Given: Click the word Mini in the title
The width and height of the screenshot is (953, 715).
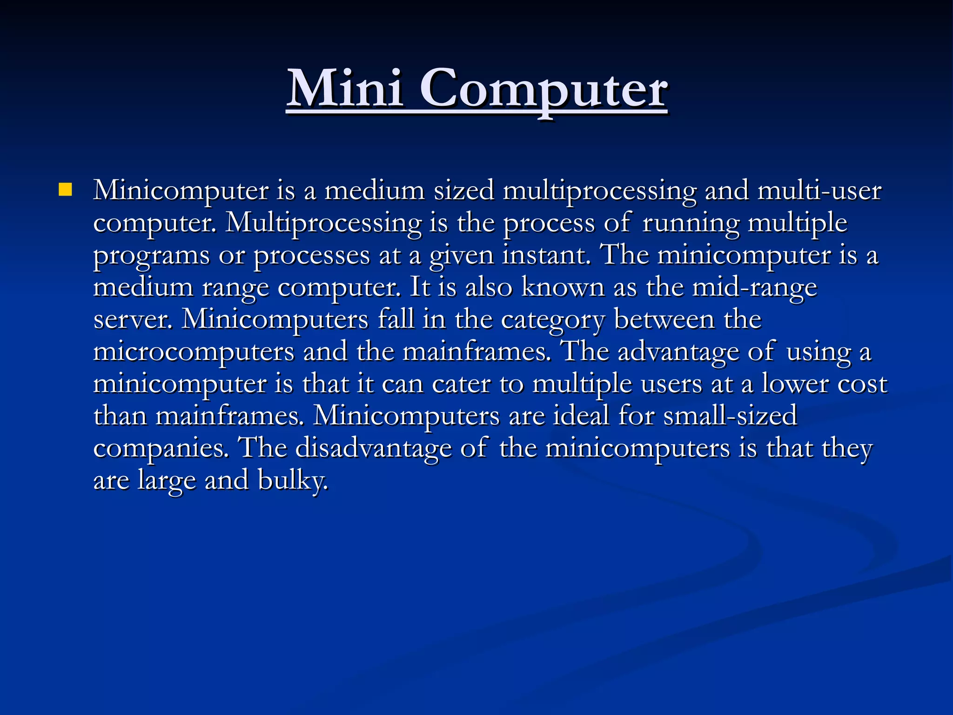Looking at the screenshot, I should click(344, 88).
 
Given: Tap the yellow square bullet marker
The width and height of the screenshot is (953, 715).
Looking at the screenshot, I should click(66, 189).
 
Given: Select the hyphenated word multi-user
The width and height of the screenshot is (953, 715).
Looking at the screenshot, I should click(819, 191).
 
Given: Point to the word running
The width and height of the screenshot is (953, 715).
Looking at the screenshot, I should click(691, 223).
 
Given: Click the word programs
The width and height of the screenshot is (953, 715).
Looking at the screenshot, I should click(151, 256).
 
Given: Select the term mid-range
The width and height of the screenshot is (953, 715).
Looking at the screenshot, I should click(754, 288).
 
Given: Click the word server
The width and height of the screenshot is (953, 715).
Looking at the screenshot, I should click(132, 319).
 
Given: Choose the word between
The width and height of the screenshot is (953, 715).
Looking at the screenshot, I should click(664, 319).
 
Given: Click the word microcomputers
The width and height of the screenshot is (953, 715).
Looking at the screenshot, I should click(194, 352).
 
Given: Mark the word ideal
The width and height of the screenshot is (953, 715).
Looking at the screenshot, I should click(581, 416).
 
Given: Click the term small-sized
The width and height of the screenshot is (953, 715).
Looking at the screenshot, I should click(730, 416).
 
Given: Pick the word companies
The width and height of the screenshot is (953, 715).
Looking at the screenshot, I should click(161, 448).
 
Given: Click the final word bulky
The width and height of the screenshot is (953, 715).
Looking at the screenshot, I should click(293, 480).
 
